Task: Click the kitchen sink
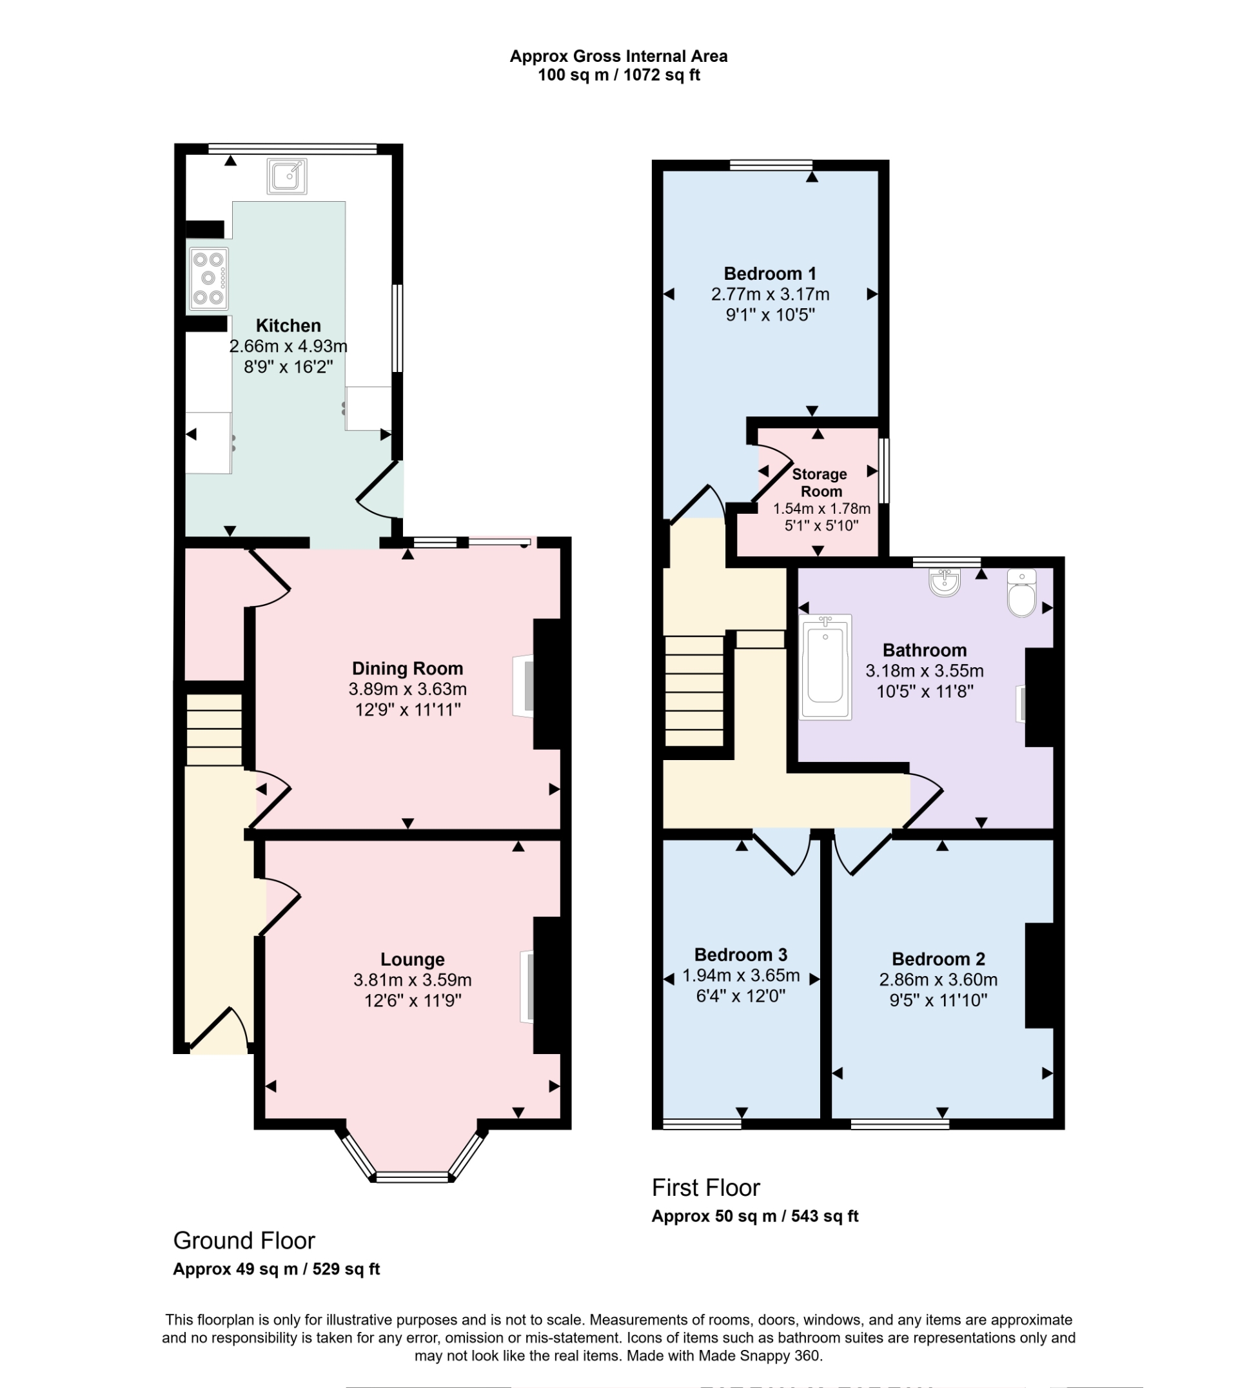click(x=286, y=177)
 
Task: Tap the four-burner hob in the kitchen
click(x=208, y=278)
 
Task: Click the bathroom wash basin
click(x=944, y=582)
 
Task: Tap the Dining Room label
click(x=408, y=669)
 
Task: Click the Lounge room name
click(x=412, y=959)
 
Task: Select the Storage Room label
click(x=820, y=482)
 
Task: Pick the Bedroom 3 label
click(x=741, y=954)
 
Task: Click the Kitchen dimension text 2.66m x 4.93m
click(x=288, y=346)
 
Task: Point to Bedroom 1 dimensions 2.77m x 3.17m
click(x=770, y=295)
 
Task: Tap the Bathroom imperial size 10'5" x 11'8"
click(x=925, y=692)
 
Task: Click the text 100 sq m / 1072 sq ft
click(x=618, y=75)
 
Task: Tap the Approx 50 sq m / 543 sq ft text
click(x=755, y=1217)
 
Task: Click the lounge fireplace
click(x=527, y=986)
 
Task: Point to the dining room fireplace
click(x=524, y=685)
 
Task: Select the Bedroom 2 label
click(x=938, y=959)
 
